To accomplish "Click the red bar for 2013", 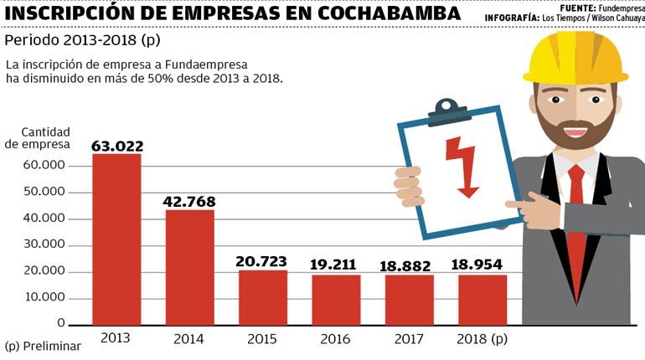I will (116, 239).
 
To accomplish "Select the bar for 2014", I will (190, 267).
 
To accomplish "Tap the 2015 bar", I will (263, 297).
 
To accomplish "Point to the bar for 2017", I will (410, 299).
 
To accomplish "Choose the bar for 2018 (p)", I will (482, 299).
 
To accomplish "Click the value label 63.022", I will (116, 146).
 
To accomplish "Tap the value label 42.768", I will (190, 201).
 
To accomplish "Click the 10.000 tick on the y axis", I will (44, 298).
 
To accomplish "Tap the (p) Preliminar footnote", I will (43, 346).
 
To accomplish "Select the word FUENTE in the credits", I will (576, 6).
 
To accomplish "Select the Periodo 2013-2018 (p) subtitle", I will (81, 40).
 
